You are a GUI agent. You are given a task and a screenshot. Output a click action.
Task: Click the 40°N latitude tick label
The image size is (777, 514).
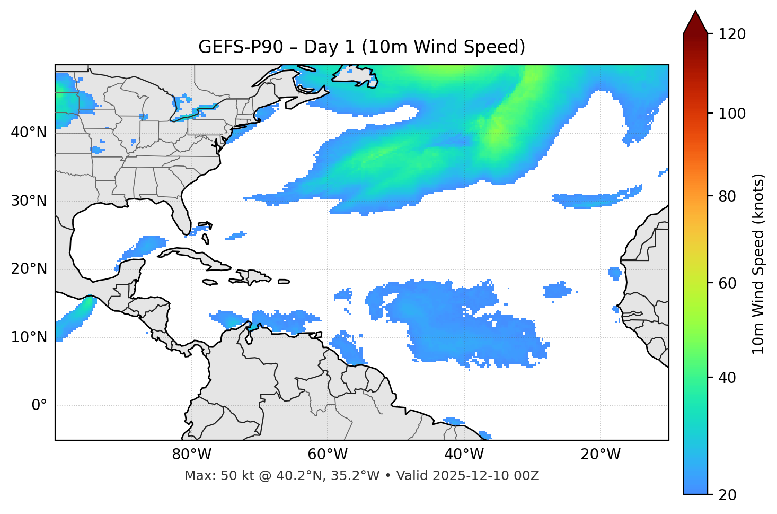29,133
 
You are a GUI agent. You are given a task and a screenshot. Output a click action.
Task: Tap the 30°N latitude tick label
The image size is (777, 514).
29,201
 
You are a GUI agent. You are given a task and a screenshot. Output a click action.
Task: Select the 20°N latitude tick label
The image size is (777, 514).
29,269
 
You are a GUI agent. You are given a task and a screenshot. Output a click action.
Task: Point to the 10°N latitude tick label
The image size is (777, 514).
29,337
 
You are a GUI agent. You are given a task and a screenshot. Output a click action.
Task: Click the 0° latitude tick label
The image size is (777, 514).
39,406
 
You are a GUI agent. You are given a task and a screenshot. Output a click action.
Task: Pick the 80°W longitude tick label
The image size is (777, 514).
191,455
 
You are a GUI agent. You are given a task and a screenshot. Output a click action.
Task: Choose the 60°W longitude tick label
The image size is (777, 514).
328,455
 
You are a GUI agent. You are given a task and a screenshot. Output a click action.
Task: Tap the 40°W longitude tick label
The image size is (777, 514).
464,455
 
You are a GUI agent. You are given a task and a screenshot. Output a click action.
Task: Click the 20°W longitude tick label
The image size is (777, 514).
601,455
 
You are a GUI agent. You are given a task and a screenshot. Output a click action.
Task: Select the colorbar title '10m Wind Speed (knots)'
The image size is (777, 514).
758,264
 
